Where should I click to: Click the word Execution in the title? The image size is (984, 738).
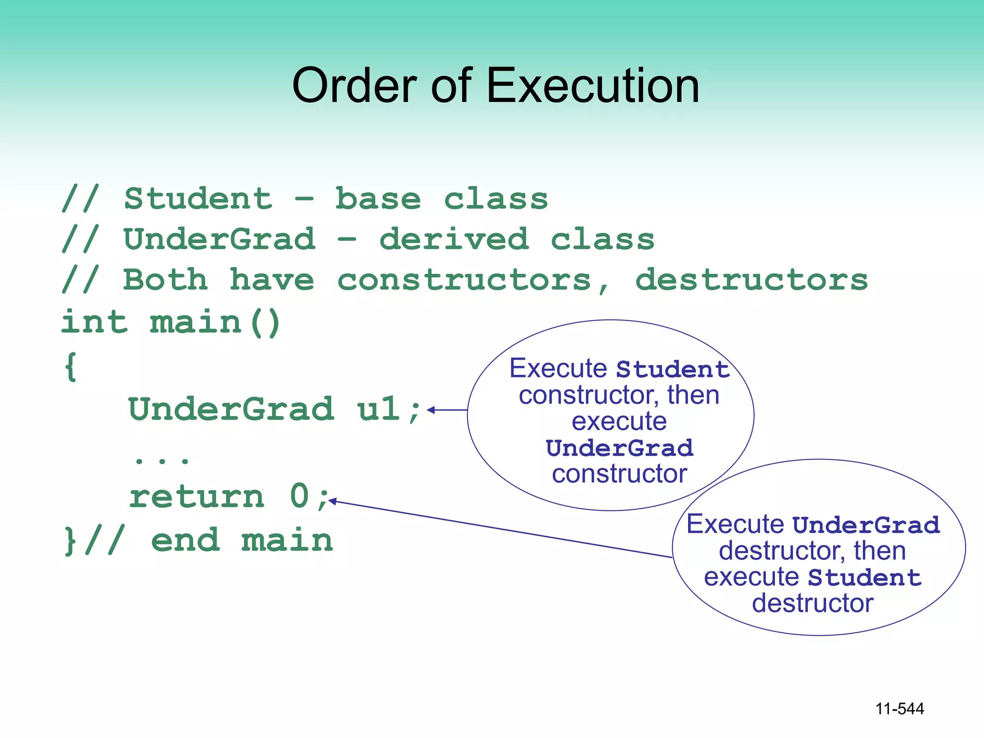point(593,86)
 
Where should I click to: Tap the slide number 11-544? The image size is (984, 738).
point(899,709)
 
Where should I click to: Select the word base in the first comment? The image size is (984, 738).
point(378,199)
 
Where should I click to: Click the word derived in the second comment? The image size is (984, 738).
point(454,239)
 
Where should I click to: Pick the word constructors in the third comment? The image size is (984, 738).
point(464,280)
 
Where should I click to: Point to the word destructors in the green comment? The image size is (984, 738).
point(751,280)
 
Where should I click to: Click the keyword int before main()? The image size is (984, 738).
point(95,322)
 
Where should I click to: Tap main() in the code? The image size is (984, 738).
point(215,322)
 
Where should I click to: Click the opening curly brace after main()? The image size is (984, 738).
point(71,367)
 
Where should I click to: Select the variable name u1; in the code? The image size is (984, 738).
point(389,409)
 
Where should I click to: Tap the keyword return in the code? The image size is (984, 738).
point(197,496)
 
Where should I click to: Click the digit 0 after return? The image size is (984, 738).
point(299,496)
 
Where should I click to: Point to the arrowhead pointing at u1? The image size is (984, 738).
point(430,410)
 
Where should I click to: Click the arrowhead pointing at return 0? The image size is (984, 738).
point(332,501)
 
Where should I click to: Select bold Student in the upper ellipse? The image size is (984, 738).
point(673,369)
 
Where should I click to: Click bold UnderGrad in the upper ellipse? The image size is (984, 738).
point(620,448)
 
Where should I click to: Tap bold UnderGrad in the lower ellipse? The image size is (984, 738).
point(866,525)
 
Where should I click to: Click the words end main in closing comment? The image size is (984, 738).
point(242,541)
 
